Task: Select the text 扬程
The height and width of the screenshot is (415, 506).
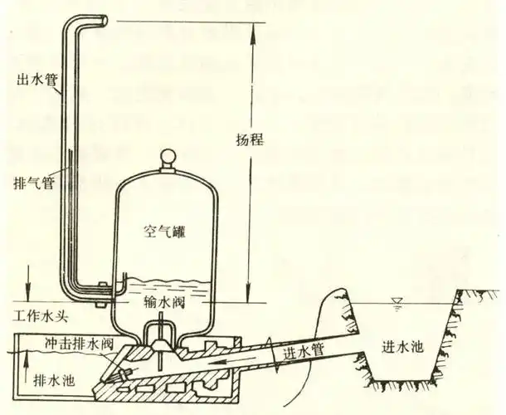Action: pyautogui.click(x=250, y=139)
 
